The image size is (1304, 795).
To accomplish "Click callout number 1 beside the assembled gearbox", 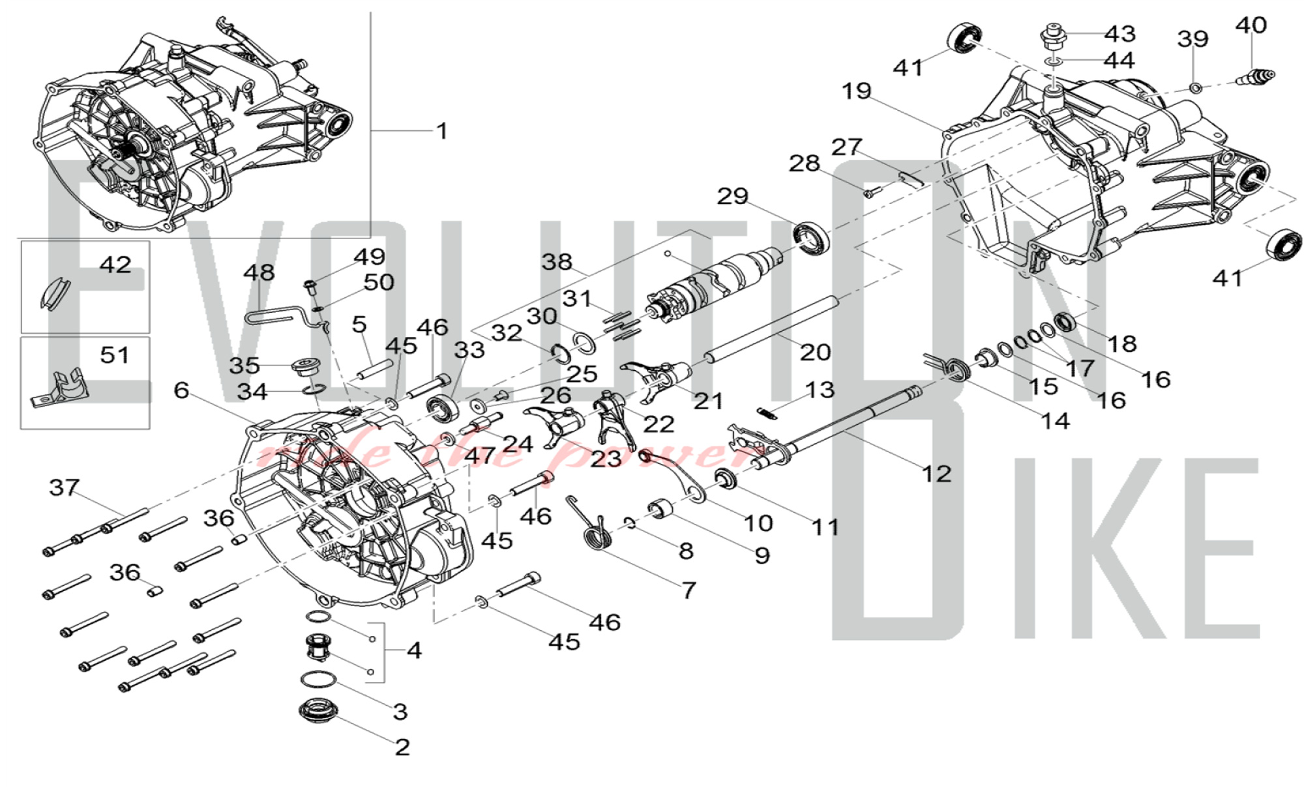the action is (442, 131).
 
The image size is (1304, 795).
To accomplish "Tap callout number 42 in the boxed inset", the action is (115, 265).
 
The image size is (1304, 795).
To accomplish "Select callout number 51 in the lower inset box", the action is (115, 355).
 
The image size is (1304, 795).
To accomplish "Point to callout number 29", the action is (733, 196).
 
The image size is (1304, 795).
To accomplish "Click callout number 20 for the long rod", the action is (815, 352).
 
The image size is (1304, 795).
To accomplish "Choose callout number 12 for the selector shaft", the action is (936, 473).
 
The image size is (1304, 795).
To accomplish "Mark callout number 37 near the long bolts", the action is (65, 487).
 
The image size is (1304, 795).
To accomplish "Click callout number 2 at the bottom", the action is (402, 747).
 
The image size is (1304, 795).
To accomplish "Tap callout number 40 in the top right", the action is (1251, 25).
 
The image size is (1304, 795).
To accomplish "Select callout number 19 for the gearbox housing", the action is (856, 91).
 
